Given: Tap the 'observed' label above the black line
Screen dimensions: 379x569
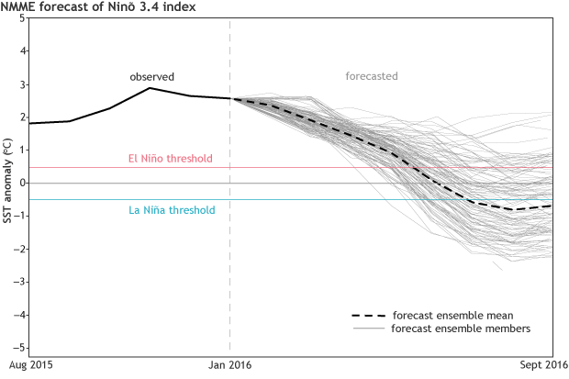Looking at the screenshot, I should (151, 76).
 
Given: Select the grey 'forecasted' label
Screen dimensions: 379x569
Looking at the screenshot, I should (371, 76).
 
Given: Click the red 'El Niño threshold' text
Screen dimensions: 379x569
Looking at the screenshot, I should (170, 158).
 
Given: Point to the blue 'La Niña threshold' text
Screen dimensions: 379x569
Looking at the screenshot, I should (172, 210).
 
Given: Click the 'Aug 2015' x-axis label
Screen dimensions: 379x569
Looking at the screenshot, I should (29, 366).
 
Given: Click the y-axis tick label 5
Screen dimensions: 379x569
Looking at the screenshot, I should (21, 19).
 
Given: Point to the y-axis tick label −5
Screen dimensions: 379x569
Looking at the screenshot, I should (19, 349).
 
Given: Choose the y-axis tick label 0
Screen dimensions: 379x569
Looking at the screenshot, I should (21, 184).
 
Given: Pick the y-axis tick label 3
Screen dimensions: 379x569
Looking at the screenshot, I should (21, 85).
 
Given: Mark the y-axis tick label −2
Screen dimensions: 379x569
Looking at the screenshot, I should (19, 250).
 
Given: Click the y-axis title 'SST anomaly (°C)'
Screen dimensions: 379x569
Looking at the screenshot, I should (6, 184).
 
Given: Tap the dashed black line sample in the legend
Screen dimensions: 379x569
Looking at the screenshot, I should (366, 316).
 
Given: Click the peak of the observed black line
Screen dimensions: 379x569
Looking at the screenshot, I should (151, 88).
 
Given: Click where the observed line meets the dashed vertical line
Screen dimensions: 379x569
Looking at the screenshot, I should (229, 98).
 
